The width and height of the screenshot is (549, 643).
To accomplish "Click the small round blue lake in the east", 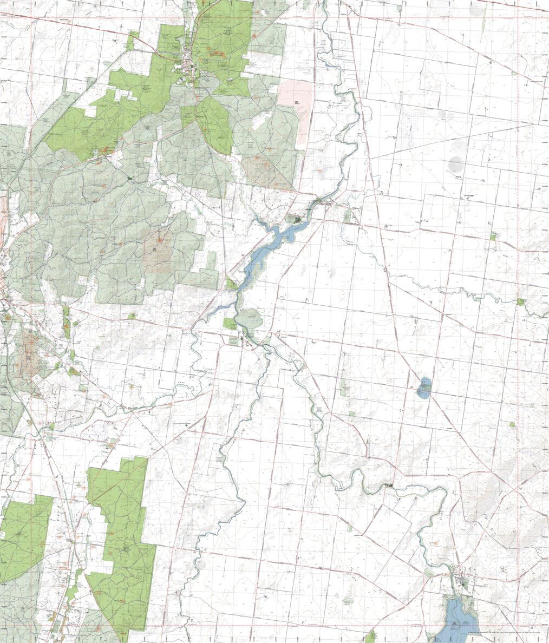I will (x=424, y=388).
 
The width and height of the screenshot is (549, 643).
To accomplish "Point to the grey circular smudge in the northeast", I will (x=456, y=163).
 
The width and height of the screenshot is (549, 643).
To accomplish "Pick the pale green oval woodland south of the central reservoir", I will (x=250, y=319).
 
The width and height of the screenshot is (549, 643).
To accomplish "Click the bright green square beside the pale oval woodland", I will (x=230, y=324).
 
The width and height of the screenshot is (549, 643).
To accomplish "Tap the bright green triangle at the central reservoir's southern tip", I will (x=232, y=284).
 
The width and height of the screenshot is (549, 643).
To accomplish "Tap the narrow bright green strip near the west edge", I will (x=66, y=322).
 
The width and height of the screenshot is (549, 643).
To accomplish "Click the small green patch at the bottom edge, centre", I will (x=371, y=637).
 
